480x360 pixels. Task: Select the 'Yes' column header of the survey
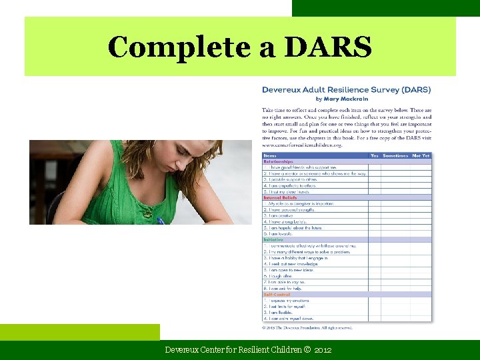(374, 155)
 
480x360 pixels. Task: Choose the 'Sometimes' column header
(394, 155)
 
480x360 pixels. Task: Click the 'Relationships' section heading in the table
(278, 161)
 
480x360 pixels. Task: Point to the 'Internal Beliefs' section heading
(282, 197)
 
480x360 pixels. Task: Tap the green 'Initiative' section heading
(274, 240)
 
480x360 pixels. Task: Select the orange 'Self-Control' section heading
(277, 294)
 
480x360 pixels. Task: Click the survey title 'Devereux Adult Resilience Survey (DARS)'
(346, 89)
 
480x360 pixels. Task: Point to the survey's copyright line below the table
(307, 327)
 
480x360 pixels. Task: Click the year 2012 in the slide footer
(323, 350)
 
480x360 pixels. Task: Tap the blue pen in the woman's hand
(160, 220)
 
